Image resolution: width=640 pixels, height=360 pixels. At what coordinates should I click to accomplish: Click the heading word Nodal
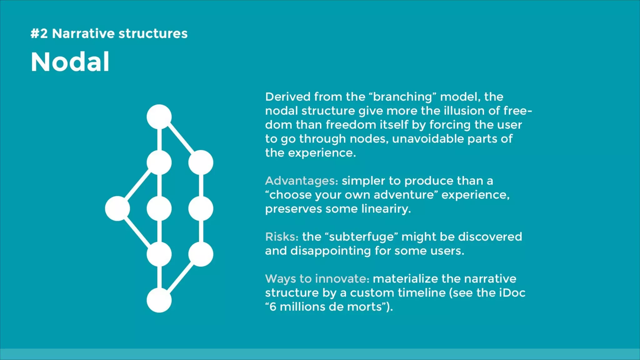pos(70,62)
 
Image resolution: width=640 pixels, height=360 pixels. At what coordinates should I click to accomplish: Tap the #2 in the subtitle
pos(39,33)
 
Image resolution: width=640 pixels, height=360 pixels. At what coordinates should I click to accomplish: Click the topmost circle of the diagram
pos(159,117)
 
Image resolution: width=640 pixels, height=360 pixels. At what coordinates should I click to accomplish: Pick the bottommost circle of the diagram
pos(159,300)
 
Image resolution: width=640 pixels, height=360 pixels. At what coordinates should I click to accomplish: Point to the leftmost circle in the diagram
pos(117,208)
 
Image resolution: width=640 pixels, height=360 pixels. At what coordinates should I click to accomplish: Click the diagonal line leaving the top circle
pos(181,140)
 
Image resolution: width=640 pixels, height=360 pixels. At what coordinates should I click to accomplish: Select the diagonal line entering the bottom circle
pos(181,277)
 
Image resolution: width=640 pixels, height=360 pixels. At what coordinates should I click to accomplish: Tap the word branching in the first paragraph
pos(402,97)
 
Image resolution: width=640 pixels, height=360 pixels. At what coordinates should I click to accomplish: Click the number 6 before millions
pos(273,307)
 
